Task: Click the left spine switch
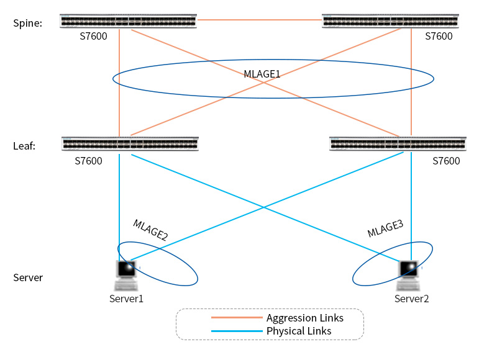(x=128, y=21)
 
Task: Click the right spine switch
(x=390, y=21)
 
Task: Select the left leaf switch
(x=130, y=144)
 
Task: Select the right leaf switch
(x=398, y=144)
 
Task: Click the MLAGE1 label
(x=262, y=74)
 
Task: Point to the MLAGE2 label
(x=150, y=230)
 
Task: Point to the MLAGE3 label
(x=385, y=228)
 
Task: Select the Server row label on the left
(x=28, y=277)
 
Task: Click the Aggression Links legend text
(x=304, y=318)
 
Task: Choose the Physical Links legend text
(x=299, y=331)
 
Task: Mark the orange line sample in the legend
(x=236, y=318)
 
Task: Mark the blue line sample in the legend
(x=236, y=331)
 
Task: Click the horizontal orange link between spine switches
(x=259, y=20)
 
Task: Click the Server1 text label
(x=126, y=299)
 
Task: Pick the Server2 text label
(x=411, y=299)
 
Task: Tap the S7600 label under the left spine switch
(x=93, y=36)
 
